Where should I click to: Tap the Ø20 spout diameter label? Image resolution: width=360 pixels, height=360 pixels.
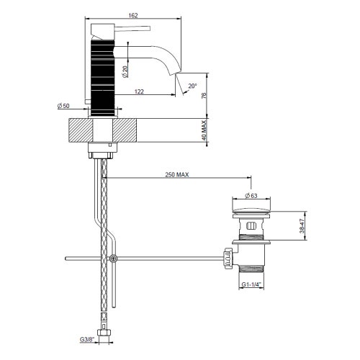(125, 71)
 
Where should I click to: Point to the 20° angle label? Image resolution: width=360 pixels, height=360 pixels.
(192, 86)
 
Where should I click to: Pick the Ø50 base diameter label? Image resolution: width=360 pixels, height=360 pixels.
(65, 107)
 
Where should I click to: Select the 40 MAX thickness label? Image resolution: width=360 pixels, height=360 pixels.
(204, 131)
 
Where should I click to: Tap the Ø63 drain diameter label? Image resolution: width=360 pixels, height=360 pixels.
(251, 195)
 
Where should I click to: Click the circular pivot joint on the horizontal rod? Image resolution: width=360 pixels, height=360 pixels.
(112, 258)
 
